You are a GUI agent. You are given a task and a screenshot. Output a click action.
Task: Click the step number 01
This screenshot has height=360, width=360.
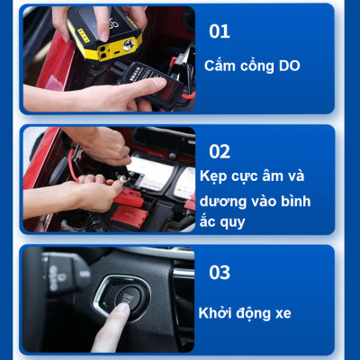coord(220,31)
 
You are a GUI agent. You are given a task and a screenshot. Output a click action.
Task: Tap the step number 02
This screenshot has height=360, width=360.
coord(220,150)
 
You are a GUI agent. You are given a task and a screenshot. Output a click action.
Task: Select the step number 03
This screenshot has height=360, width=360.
coord(220,272)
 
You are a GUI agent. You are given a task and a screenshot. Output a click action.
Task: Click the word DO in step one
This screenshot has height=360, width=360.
coord(288,66)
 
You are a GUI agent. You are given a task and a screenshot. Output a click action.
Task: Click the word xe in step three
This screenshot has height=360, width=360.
coord(279,313)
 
